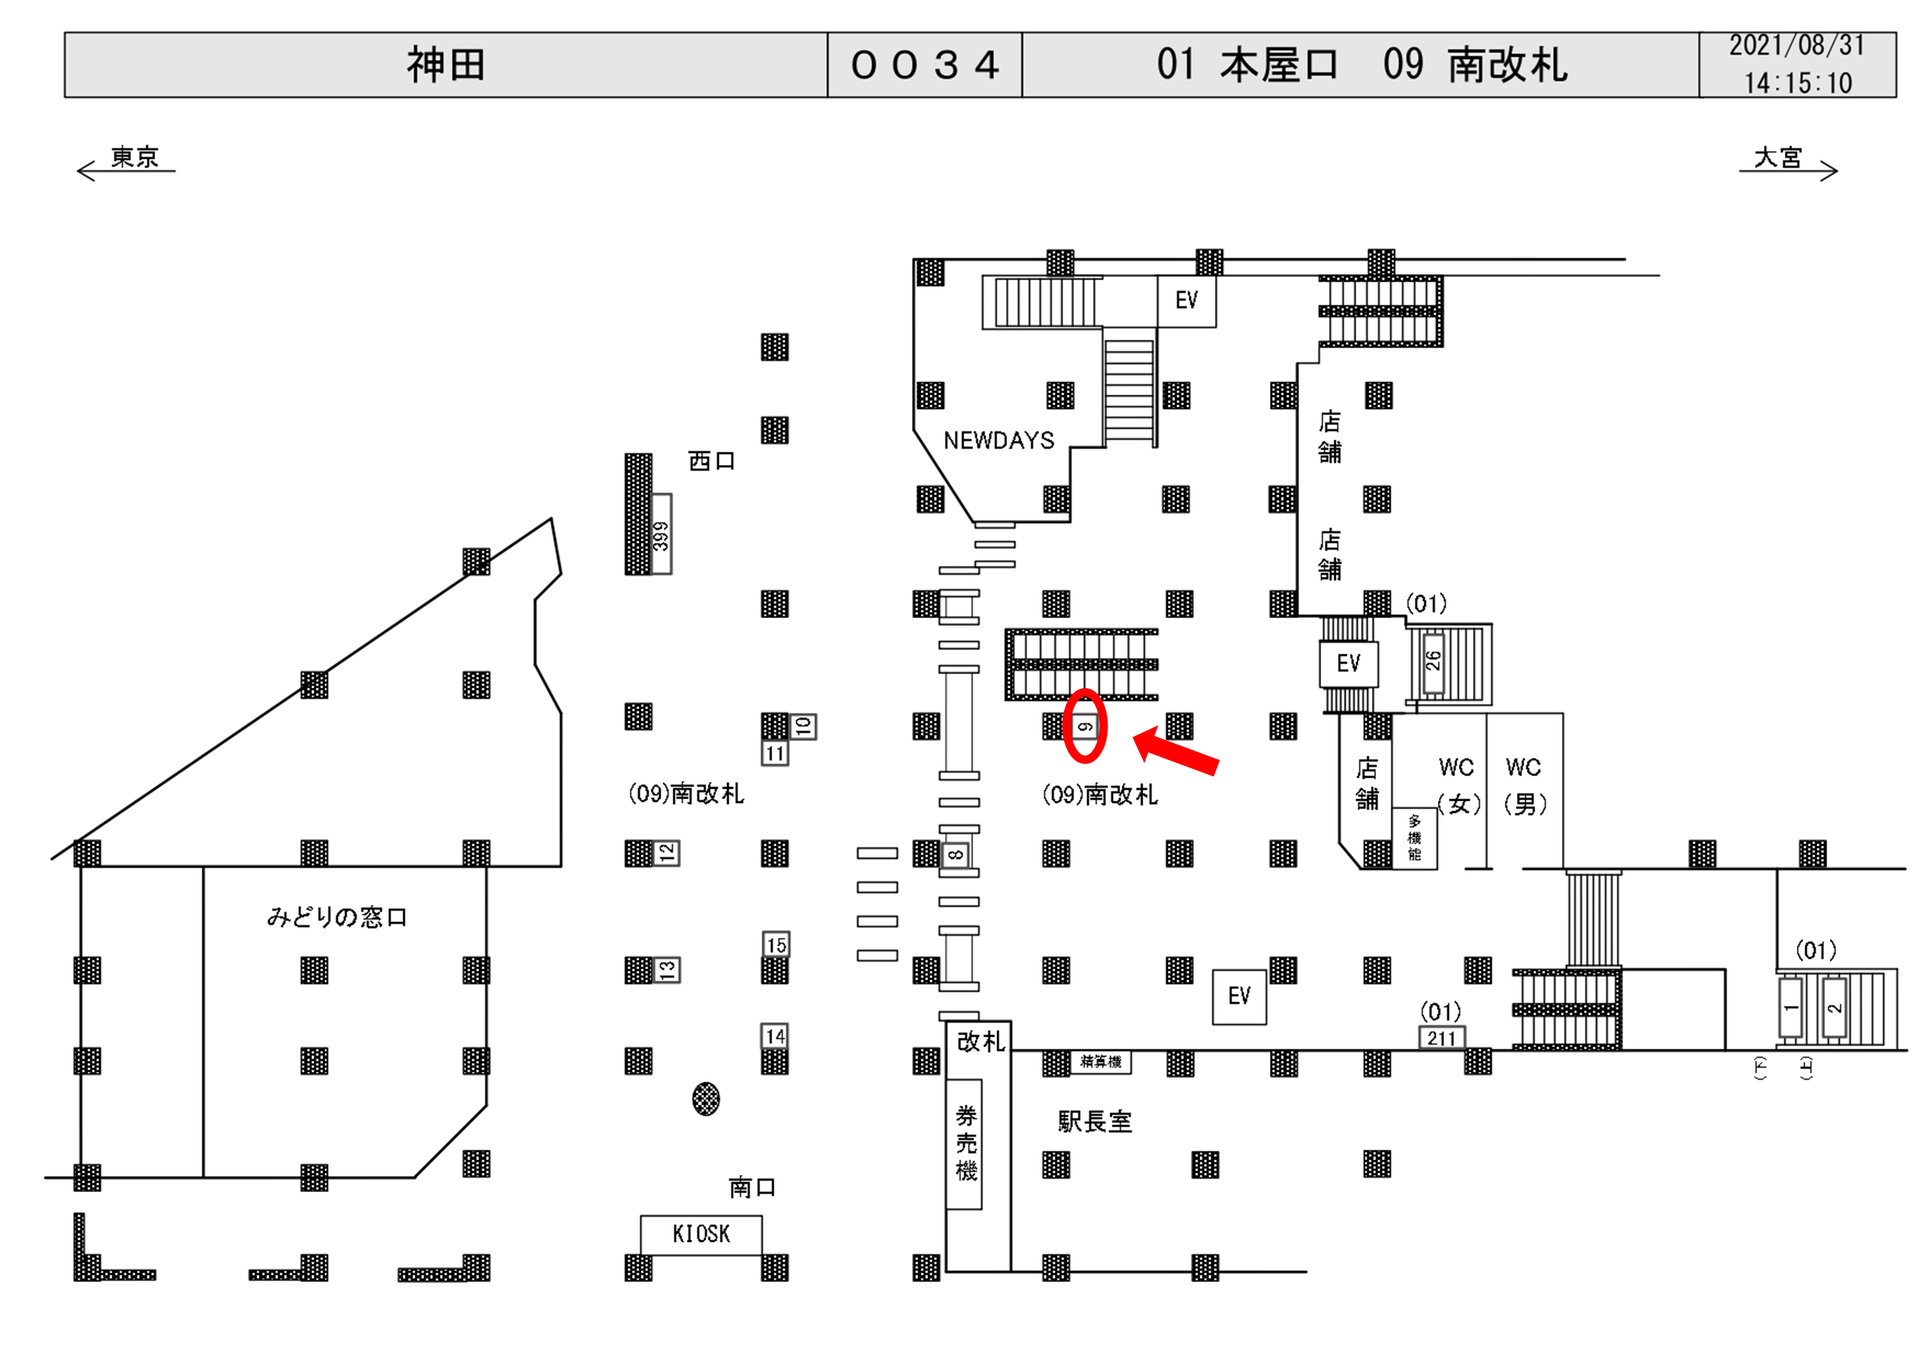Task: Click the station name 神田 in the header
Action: [x=446, y=65]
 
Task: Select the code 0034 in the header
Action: [x=924, y=65]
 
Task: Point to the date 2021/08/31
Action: [x=1796, y=46]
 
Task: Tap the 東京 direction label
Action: [x=134, y=157]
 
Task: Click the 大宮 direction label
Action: [x=1778, y=157]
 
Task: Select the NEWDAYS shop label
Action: [x=998, y=440]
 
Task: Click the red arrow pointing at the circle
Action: [x=1176, y=751]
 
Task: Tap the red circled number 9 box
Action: [x=1084, y=726]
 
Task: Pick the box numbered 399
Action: [x=661, y=535]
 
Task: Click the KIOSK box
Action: [x=701, y=1234]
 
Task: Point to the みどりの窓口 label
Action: [x=336, y=917]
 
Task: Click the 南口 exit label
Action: [x=751, y=1187]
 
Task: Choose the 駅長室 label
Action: [x=1094, y=1121]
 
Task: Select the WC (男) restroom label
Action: [x=1524, y=785]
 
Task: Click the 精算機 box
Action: [x=1100, y=1062]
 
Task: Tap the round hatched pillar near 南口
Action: [x=706, y=1099]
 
